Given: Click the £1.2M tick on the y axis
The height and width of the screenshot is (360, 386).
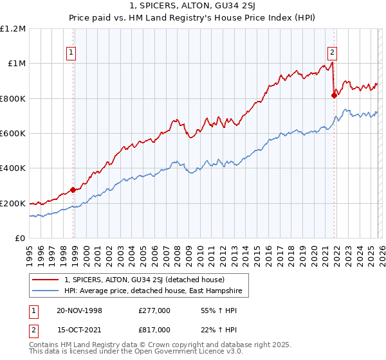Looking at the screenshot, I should (x=14, y=28).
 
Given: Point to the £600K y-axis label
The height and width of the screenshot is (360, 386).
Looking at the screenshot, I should (x=13, y=134).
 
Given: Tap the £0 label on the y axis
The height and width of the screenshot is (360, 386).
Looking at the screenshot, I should (x=19, y=239).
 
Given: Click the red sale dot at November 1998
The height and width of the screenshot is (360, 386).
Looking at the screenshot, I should (x=73, y=190).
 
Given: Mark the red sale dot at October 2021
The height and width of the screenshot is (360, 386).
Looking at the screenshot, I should (x=334, y=95).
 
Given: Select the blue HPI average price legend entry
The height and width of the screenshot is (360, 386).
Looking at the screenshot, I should (x=151, y=291).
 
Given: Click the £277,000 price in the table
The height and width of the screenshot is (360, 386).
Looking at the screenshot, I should (x=154, y=310).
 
